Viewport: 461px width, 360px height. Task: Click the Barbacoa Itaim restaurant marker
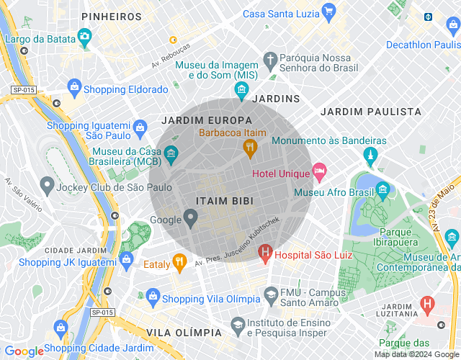pos(250,148)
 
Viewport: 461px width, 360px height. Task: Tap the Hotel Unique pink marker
pos(319,173)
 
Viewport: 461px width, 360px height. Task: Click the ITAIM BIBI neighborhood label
pos(225,202)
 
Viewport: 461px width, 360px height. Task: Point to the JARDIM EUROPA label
pos(207,120)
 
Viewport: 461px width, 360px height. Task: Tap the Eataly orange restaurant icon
pos(180,264)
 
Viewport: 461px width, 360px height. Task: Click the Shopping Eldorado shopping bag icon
pos(73,89)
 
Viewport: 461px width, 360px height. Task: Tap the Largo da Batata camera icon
pos(84,36)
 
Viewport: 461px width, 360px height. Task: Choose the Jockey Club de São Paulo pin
pos(47,187)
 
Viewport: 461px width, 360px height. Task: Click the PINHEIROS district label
pos(111,16)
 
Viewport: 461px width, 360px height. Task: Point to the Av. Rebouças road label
pos(171,55)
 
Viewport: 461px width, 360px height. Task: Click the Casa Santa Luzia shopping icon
pos(329,11)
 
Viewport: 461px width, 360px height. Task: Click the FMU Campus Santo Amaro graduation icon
pos(270,294)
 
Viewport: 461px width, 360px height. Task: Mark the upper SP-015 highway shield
pos(23,90)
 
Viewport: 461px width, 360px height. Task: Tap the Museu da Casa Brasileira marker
pos(171,153)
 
